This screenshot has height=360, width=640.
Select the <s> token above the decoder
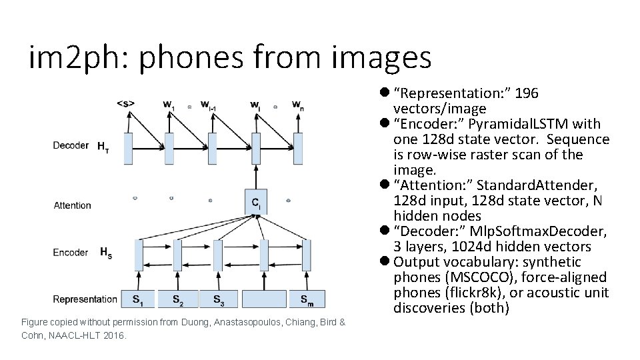point(126,103)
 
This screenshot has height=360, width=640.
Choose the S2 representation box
point(179,299)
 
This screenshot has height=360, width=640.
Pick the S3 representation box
point(219,299)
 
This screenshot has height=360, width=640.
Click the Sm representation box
point(307,299)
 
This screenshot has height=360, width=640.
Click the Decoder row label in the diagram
point(71,146)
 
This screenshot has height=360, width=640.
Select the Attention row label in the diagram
point(73,205)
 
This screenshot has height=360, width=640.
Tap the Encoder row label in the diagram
point(71,253)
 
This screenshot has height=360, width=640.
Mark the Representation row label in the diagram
point(85,299)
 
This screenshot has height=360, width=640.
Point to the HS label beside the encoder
point(106,253)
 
